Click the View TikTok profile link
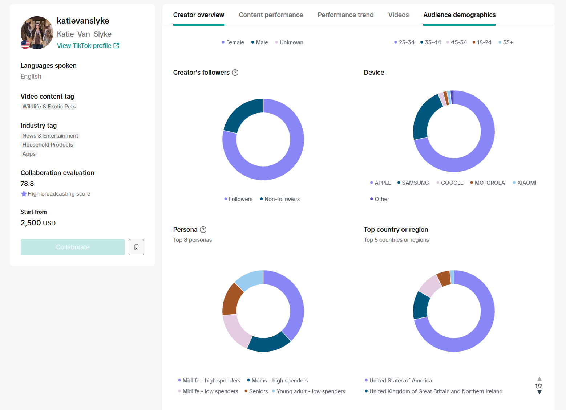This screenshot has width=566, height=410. pos(88,46)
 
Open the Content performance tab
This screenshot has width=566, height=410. pos(271,15)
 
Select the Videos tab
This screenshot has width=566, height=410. pos(399,15)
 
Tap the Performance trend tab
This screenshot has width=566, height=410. pos(345,15)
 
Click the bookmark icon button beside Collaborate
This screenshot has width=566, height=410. pos(137,247)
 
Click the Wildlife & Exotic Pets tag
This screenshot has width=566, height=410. pos(49,106)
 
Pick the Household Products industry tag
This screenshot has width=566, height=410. pos(48,144)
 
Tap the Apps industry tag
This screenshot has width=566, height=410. pos(29,153)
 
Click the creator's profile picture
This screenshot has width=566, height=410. pos(37,33)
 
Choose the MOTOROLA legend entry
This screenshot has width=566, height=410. pos(488,183)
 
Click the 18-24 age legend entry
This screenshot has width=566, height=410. pos(482,42)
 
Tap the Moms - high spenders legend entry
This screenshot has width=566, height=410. pos(277,380)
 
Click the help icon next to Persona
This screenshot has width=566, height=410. pos(203,230)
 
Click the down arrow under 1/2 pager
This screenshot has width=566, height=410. pos(539,392)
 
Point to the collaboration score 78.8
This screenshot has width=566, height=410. pos(27,184)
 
